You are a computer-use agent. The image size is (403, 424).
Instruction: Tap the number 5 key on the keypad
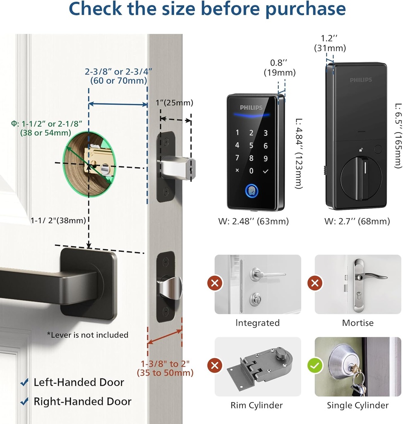point(251,145)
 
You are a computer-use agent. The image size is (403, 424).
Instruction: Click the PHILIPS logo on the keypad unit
point(251,108)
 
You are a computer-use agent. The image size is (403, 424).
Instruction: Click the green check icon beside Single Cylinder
point(315,366)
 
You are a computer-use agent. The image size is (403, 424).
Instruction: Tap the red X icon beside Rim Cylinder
point(215,366)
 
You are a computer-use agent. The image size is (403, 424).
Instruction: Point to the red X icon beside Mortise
point(315,283)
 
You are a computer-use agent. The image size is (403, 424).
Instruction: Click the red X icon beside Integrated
point(215,283)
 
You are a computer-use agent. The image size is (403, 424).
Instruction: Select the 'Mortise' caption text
point(357,323)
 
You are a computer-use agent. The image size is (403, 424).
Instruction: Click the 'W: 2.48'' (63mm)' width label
point(253,222)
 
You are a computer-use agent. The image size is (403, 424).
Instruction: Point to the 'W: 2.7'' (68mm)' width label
point(357,222)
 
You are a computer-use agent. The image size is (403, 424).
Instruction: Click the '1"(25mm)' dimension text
point(174,103)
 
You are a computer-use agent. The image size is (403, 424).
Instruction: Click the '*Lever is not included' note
point(87,335)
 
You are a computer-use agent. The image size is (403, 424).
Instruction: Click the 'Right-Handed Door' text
point(82,401)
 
